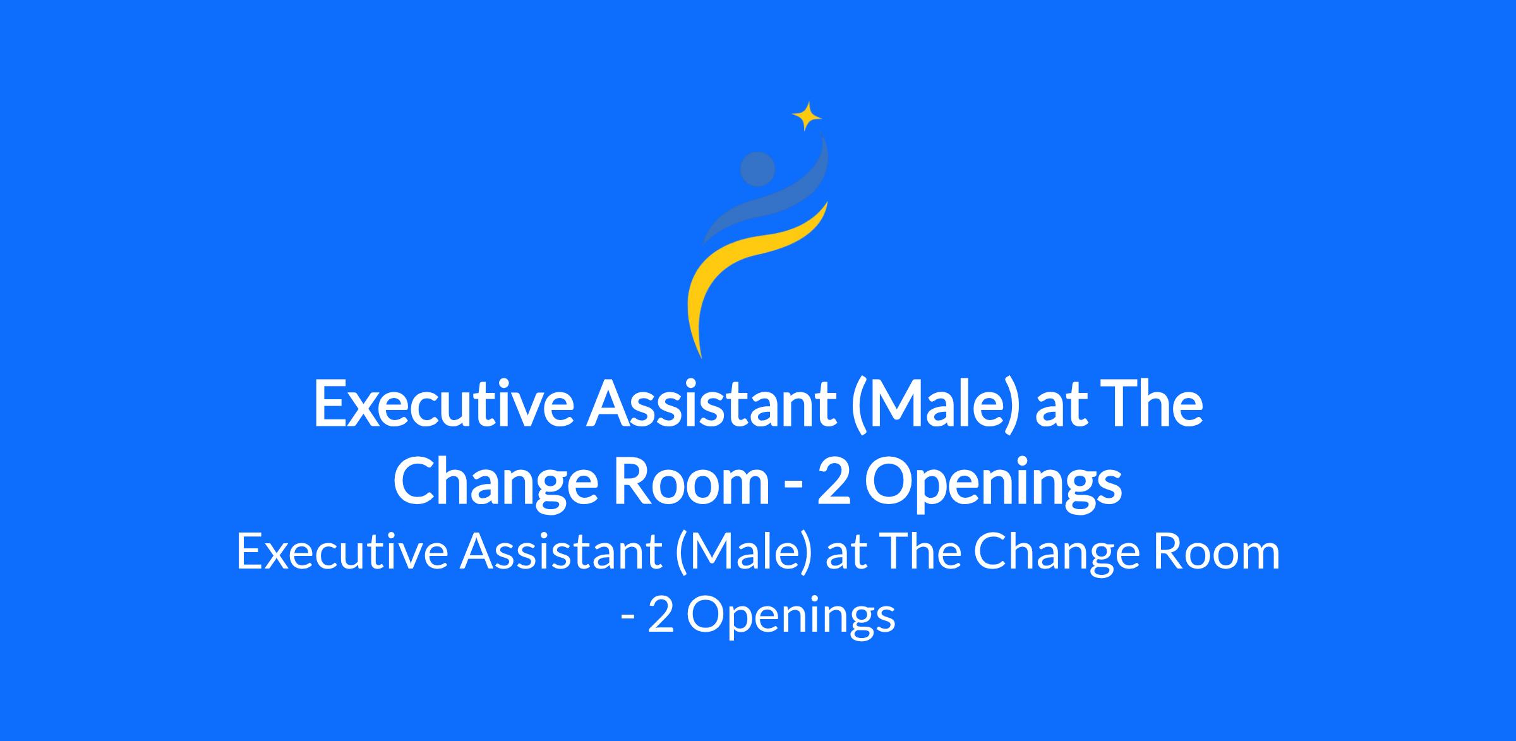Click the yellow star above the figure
click(807, 116)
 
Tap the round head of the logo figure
click(757, 169)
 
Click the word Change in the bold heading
click(495, 484)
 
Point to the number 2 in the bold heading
click(834, 484)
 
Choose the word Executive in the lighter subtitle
click(342, 551)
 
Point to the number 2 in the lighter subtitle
click(659, 615)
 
